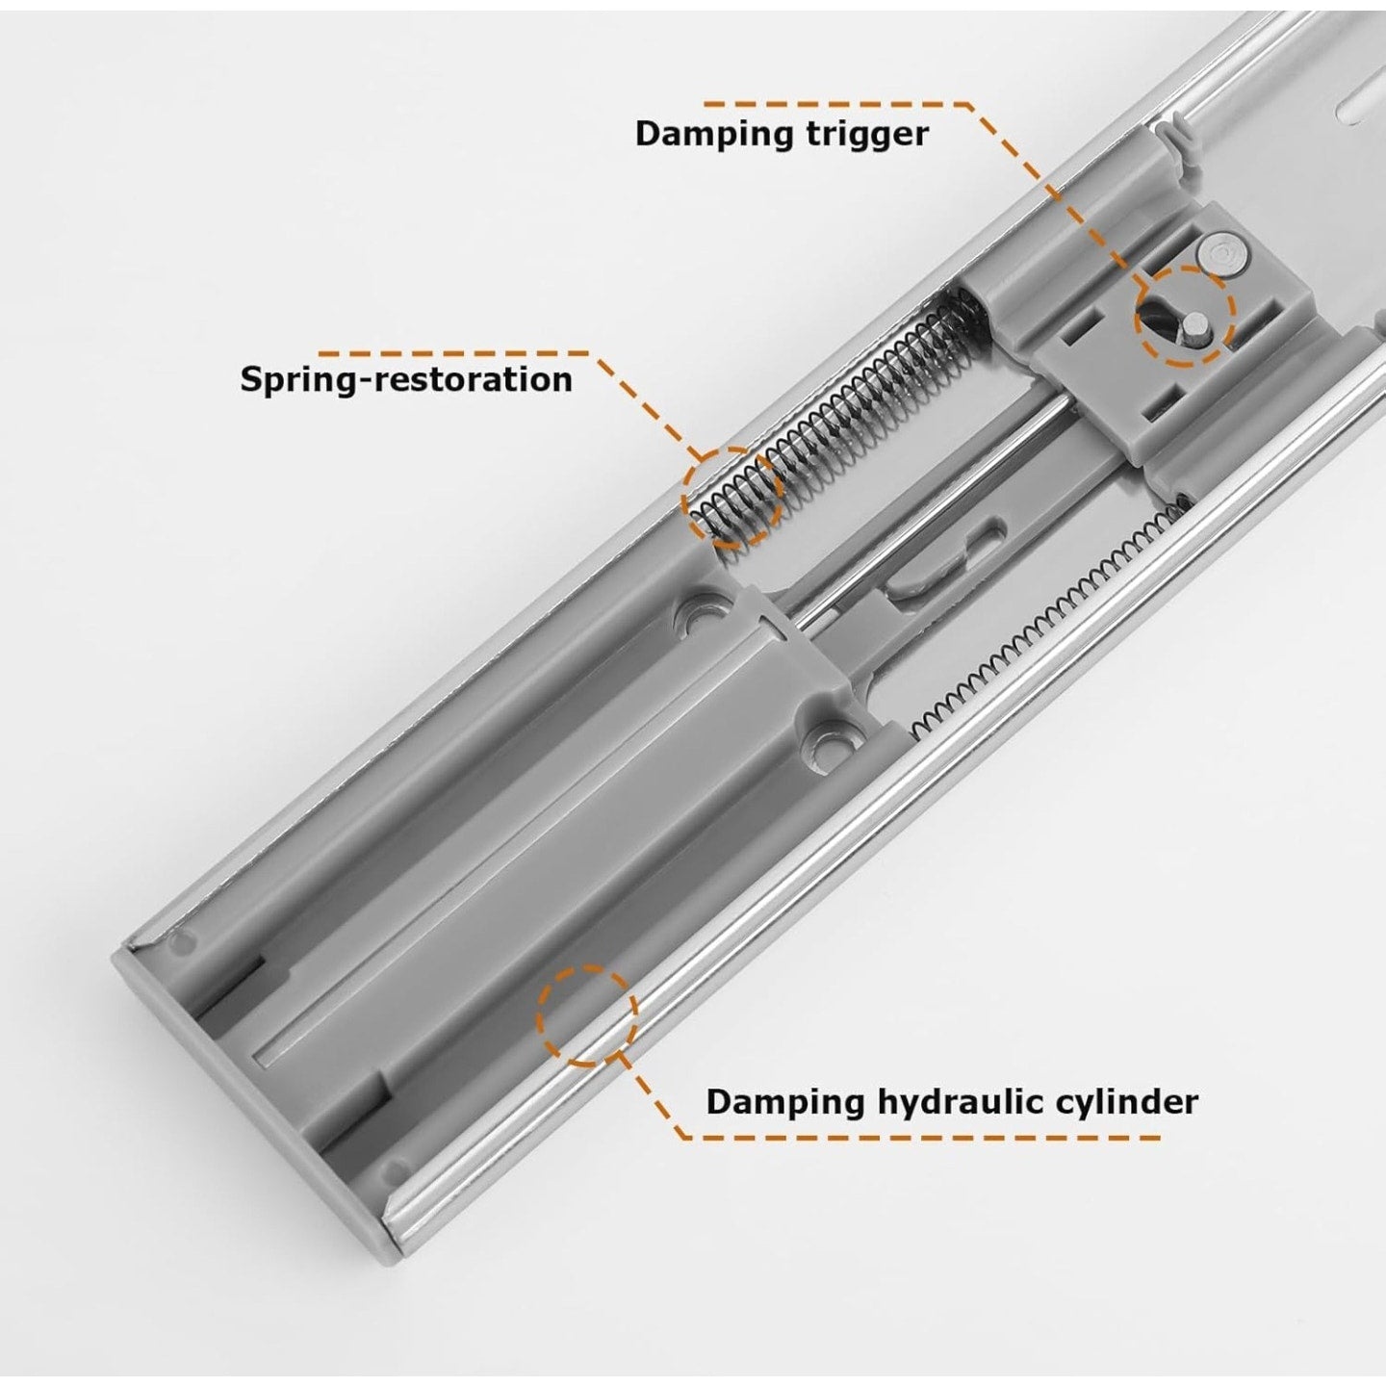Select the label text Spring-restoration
405,378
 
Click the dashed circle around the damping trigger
1184,317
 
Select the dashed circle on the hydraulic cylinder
587,1015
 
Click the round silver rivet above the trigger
1220,254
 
